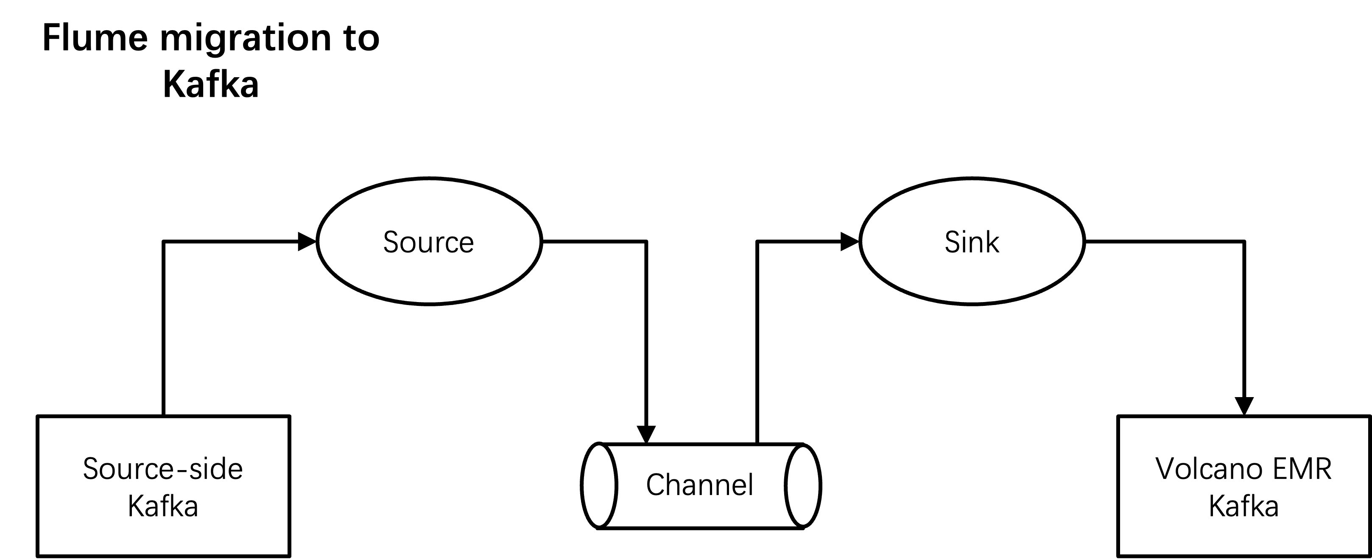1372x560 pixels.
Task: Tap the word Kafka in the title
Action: [211, 84]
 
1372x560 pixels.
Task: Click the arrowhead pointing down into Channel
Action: [646, 434]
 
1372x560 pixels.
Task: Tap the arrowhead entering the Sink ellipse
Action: [850, 241]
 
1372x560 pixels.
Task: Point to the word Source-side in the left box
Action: [163, 469]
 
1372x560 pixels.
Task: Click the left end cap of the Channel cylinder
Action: [599, 485]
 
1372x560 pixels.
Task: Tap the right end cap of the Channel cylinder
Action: [803, 485]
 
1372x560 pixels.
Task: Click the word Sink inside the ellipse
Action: [972, 242]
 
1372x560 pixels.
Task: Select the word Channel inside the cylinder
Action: [700, 484]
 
